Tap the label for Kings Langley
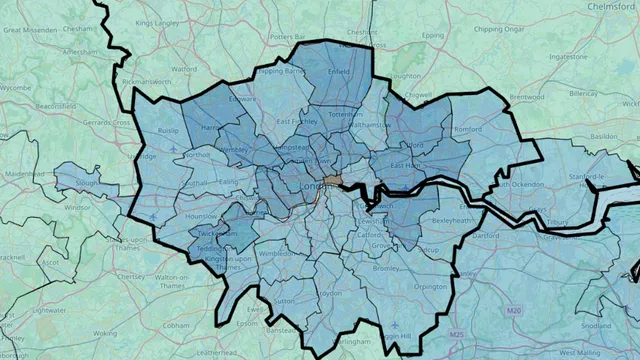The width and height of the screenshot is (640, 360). (x=159, y=21)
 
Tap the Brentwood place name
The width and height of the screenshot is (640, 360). (x=525, y=97)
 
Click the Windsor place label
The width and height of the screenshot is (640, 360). (x=76, y=208)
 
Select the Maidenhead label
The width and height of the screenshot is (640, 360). (x=24, y=173)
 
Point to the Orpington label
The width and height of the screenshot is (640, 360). (x=431, y=286)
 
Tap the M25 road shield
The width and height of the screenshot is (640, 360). (x=458, y=334)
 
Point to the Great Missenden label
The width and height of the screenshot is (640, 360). (x=26, y=30)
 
